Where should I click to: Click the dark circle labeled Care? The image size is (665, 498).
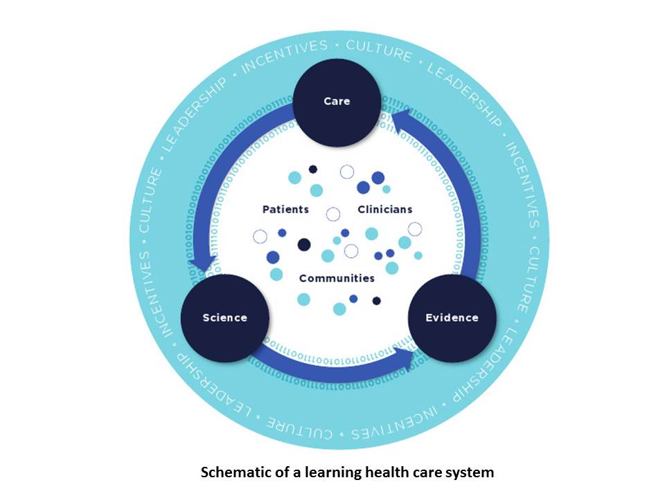point(337,102)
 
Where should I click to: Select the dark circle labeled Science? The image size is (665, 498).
point(224,317)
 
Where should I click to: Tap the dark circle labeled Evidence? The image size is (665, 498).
point(452,317)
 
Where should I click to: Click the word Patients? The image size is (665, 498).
point(285,209)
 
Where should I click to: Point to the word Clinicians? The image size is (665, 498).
point(384,209)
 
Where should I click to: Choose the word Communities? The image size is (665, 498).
point(337,278)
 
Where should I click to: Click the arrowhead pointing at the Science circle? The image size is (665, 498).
point(203,265)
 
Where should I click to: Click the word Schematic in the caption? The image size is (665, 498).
point(233,473)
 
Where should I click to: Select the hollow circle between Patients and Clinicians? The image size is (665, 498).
point(333,214)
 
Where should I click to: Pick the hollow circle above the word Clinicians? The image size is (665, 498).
point(347,172)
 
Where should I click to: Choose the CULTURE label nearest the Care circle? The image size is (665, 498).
point(378,50)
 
